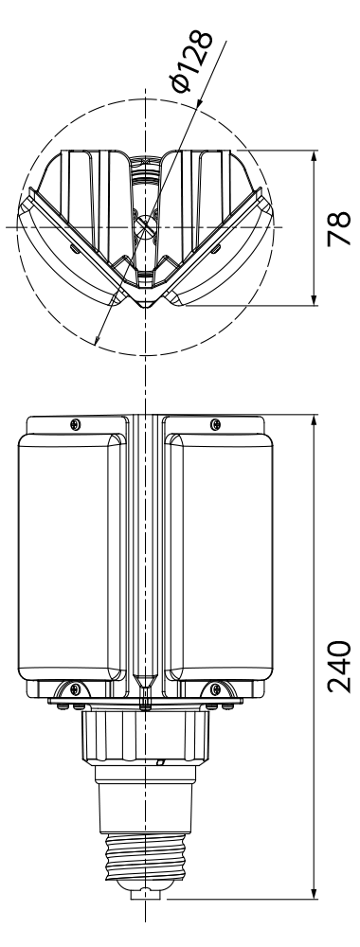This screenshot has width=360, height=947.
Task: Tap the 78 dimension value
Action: click(x=340, y=227)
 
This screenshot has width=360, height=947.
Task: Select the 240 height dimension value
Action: click(x=339, y=666)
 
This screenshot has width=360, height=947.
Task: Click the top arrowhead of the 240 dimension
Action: click(x=314, y=422)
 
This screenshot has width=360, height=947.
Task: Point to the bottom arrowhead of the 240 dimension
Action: click(x=314, y=891)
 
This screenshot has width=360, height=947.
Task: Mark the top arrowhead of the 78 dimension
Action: click(x=314, y=157)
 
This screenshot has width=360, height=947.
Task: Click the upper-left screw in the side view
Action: click(x=75, y=424)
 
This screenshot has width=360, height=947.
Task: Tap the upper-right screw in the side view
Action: click(x=215, y=424)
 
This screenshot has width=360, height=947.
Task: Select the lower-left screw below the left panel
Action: click(x=74, y=688)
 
